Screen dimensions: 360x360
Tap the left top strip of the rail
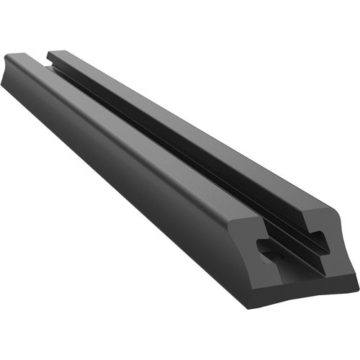130,115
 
